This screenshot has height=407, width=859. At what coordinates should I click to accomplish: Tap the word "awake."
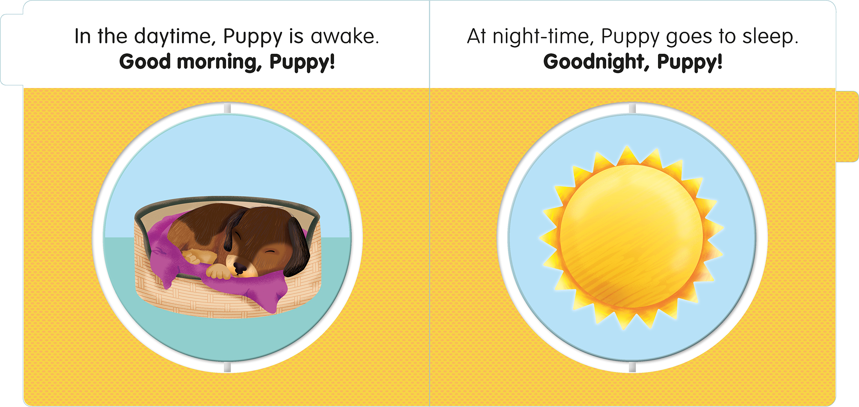345,36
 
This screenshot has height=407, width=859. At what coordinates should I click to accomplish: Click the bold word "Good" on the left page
145,61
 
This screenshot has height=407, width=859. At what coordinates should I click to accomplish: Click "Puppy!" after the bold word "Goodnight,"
690,62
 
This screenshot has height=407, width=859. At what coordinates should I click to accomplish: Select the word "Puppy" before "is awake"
253,37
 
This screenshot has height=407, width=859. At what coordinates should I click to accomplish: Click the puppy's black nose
240,268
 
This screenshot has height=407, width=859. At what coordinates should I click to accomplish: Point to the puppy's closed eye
269,252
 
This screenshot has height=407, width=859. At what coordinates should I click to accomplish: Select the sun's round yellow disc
631,236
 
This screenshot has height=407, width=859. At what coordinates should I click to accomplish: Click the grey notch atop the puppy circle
227,108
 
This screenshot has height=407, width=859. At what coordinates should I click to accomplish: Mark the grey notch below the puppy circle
227,367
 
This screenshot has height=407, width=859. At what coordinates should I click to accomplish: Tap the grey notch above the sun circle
632,108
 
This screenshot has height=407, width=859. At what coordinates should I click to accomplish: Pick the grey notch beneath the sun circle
632,368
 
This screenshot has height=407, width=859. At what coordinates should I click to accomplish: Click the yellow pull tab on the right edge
847,127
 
